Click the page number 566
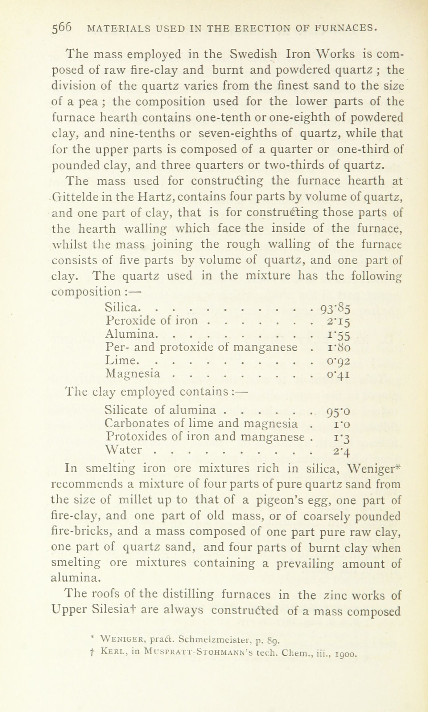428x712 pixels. (62, 29)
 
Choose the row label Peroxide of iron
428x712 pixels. (151, 321)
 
